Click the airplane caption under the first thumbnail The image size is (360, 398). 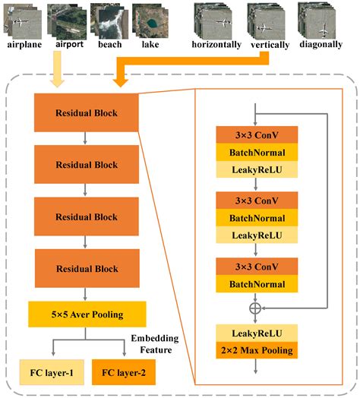point(24,45)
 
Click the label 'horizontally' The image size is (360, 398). point(217,45)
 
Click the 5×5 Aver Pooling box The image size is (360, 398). point(86,313)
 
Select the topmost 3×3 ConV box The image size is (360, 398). point(256,134)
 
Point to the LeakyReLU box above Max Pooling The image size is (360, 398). point(256,332)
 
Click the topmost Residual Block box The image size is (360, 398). point(86,114)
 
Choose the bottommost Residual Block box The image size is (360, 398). point(86,267)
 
